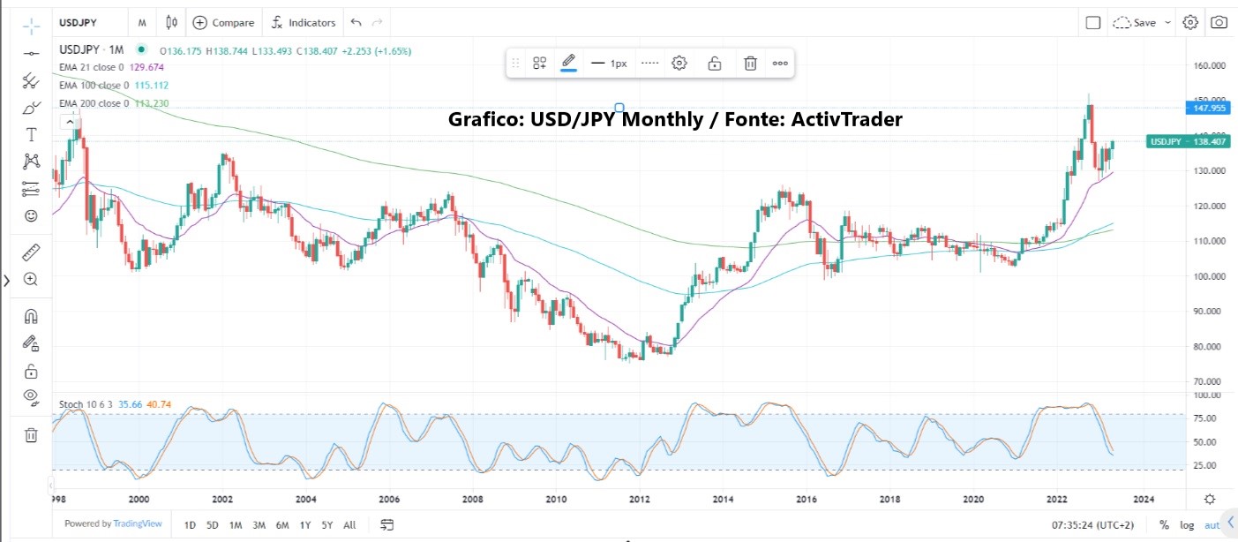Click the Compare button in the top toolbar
(x=223, y=23)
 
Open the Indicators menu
(x=304, y=23)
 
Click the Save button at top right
(x=1143, y=23)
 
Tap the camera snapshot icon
(x=1219, y=23)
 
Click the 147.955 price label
(x=1204, y=108)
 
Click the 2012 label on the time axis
(x=640, y=500)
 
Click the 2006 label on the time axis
(x=389, y=500)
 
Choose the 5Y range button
(x=326, y=525)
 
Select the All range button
(x=349, y=525)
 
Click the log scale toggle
(x=1187, y=525)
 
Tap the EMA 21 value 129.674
(x=149, y=67)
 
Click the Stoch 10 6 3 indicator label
(x=86, y=404)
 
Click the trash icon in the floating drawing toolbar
(x=750, y=63)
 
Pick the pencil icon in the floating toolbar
(x=568, y=63)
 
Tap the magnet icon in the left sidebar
(x=31, y=316)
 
